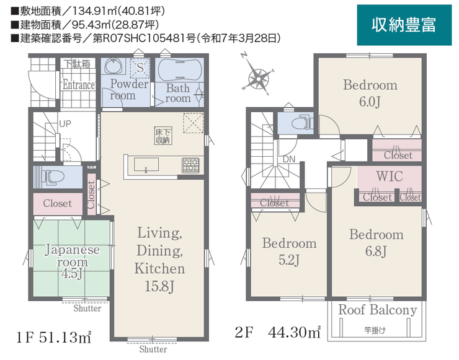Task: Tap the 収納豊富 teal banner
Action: pos(404,25)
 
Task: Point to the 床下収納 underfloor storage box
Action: pos(163,136)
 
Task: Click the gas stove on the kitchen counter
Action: pos(190,165)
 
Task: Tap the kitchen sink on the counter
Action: pos(146,164)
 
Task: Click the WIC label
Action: pos(390,177)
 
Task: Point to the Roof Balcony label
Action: pos(378,310)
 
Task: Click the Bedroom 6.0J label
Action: pos(370,94)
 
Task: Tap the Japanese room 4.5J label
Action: pos(72,261)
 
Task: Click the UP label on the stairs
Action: pos(65,124)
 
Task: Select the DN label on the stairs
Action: pos(289,160)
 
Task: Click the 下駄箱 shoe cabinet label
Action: pos(77,64)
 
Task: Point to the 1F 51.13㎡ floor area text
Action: pos(53,338)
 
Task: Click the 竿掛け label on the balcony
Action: pos(375,330)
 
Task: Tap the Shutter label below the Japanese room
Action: pos(87,308)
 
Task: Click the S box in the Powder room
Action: pos(140,68)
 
